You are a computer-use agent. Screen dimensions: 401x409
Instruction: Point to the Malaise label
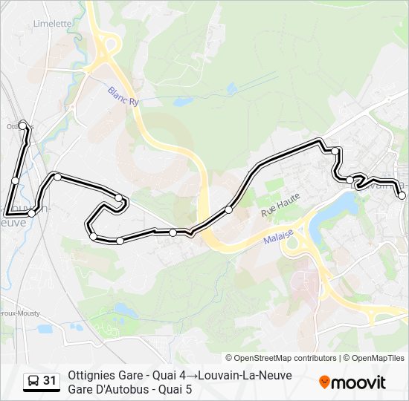(279, 237)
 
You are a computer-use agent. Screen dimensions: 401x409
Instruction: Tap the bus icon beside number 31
(33, 382)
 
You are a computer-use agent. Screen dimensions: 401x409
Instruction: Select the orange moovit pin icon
(325, 382)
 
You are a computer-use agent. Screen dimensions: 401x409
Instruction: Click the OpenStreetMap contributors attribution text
(281, 358)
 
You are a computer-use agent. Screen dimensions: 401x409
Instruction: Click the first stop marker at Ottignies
(23, 125)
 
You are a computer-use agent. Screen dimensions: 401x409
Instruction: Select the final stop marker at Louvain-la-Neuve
(402, 196)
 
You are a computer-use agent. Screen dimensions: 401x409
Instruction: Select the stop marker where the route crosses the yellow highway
(229, 210)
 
